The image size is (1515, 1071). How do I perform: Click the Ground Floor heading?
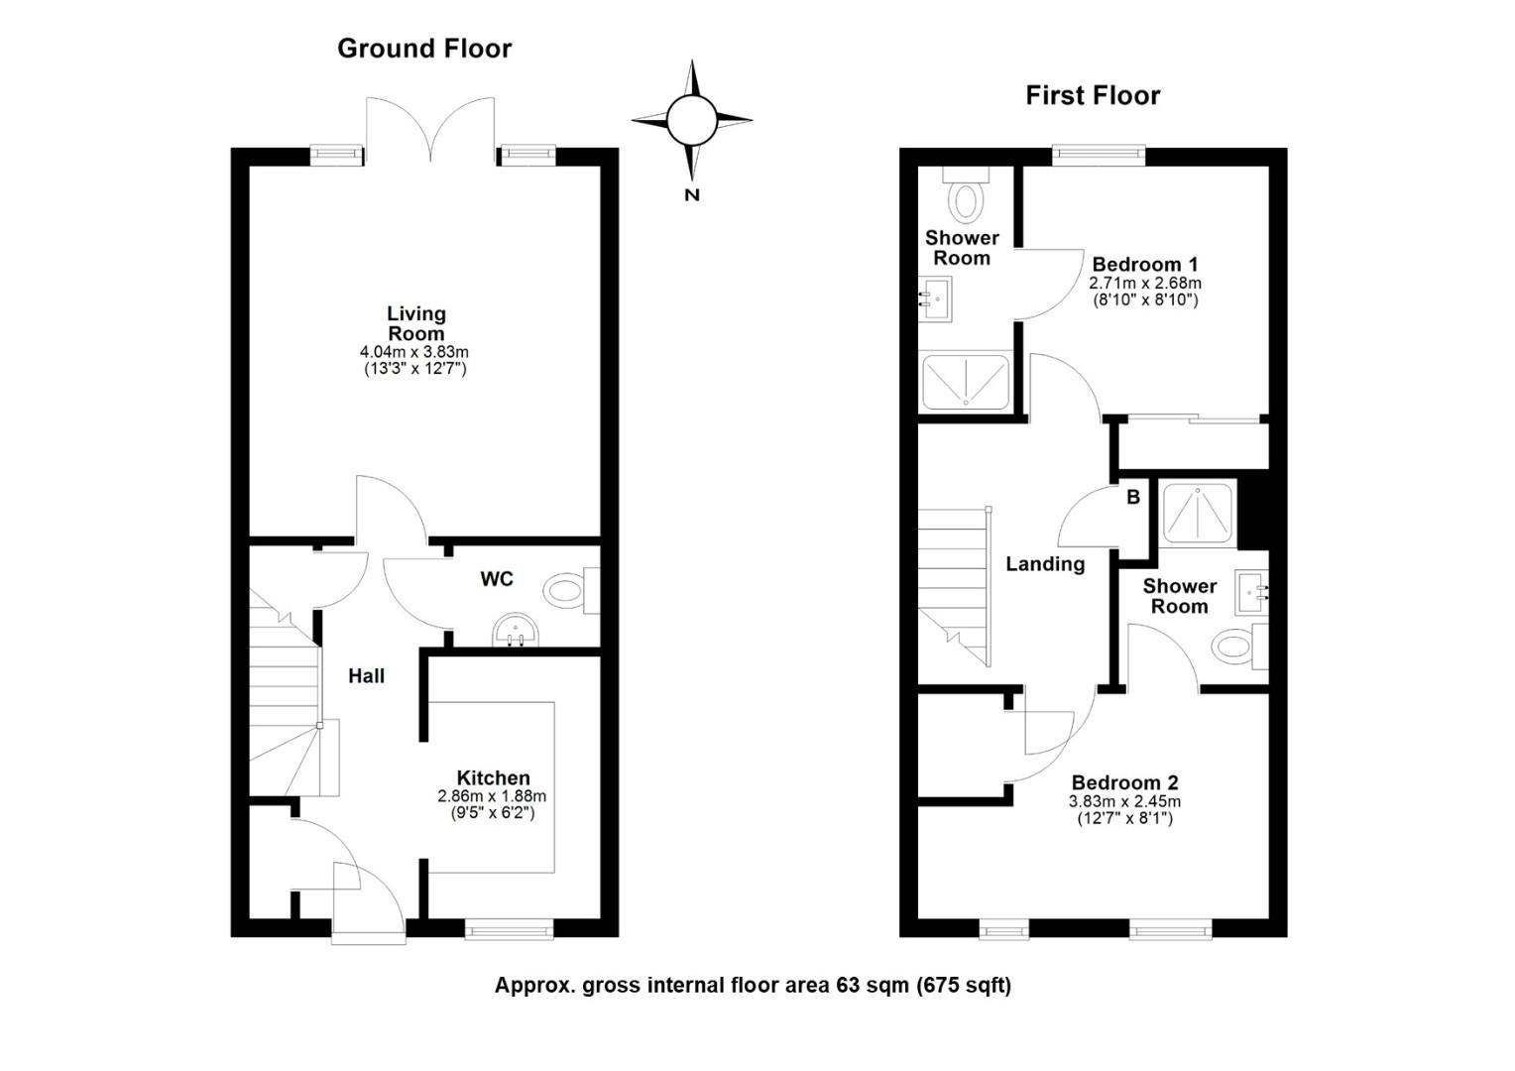click(424, 49)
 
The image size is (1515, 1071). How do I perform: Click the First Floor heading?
click(1093, 96)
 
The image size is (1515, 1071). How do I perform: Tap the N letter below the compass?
click(692, 195)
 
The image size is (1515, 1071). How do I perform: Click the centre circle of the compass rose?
click(691, 121)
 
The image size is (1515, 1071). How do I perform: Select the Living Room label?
click(415, 323)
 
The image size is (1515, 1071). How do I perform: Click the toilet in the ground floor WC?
click(565, 592)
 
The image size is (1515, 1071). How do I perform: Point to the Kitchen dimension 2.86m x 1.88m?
click(492, 796)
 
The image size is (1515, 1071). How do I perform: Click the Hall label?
click(366, 676)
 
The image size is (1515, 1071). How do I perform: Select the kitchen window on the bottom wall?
click(510, 929)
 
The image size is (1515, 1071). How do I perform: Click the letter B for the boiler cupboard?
click(1132, 497)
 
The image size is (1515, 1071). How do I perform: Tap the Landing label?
click(1045, 564)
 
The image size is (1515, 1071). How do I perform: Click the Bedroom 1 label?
click(1144, 265)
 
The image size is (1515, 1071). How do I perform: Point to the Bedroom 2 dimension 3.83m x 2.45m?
click(1124, 802)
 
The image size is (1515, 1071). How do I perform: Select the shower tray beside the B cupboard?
click(1199, 513)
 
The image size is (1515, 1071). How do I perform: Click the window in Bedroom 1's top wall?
click(1098, 155)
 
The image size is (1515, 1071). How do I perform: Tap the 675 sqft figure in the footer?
click(964, 986)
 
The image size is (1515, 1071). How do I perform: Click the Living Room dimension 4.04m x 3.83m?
click(414, 352)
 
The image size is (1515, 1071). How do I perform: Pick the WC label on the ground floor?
click(497, 579)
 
